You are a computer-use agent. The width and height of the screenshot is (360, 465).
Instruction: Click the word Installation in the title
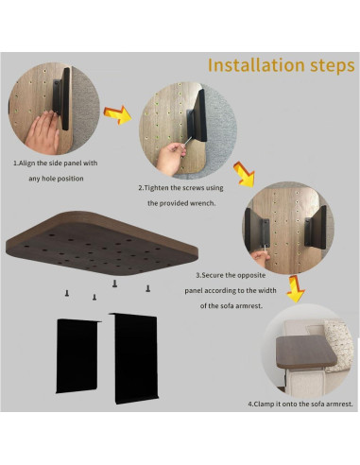pos(256,65)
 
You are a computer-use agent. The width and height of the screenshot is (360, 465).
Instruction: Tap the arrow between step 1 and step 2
pos(117,115)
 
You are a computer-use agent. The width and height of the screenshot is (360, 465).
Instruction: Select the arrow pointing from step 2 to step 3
pos(244,174)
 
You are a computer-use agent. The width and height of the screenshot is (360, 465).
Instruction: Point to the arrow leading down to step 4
pos(296,288)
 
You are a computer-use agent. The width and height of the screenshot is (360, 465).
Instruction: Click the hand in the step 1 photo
pos(43,131)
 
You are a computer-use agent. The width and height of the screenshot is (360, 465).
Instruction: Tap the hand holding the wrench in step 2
pos(170,158)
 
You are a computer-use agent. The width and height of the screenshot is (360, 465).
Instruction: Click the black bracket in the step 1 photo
pos(62,98)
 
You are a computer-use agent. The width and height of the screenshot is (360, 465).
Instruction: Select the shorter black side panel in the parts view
pos(77,356)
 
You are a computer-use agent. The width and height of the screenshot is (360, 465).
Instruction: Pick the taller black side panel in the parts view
pos(135,358)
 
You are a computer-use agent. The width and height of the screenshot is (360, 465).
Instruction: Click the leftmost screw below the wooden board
pos(67,293)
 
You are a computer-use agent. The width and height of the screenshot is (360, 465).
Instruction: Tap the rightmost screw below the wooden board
pos(147,288)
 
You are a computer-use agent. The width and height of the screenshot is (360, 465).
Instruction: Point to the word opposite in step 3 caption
pos(251,276)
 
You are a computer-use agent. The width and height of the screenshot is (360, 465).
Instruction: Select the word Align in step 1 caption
pos(27,164)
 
